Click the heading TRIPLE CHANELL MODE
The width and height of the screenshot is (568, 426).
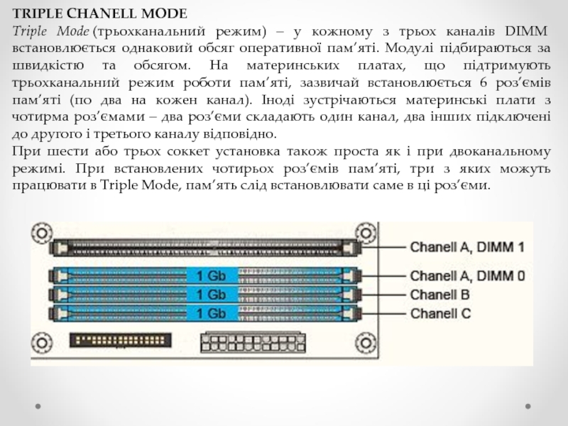[x=99, y=13]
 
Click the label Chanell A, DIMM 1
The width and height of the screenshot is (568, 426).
[x=467, y=248]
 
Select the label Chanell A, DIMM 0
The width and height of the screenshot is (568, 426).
[x=467, y=275]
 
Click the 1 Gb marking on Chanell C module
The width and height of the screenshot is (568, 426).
[x=211, y=312]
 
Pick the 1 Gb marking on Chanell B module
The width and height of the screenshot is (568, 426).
[x=211, y=294]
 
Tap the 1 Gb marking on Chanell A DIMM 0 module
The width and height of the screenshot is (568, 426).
[x=211, y=275]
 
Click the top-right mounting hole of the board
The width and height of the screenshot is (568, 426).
[x=366, y=231]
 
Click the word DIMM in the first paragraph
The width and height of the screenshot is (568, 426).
[x=526, y=32]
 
